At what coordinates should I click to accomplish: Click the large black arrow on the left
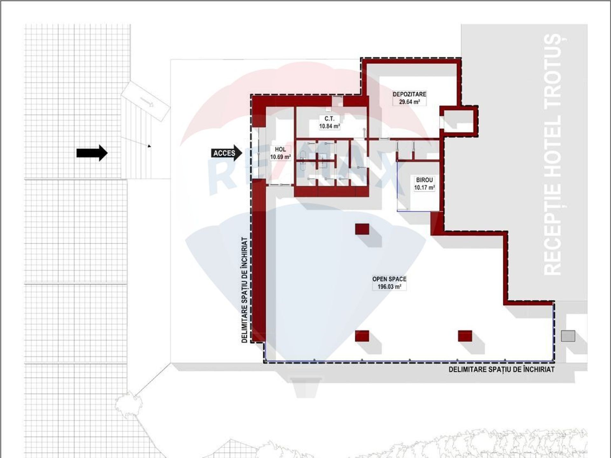92,153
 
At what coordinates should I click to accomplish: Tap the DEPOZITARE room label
409,94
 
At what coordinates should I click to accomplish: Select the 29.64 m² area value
410,102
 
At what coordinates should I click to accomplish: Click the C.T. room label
329,119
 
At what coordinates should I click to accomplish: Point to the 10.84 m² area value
330,126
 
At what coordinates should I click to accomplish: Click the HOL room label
280,149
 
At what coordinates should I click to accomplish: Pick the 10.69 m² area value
280,157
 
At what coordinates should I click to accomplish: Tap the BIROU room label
425,180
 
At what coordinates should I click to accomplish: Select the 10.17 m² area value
425,188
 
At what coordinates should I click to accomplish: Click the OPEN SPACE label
389,279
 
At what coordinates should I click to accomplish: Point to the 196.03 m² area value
389,287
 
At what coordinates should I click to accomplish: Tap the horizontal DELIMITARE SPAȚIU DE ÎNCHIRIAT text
502,370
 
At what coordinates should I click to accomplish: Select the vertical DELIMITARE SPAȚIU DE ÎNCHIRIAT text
244,290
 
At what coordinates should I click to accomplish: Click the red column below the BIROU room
362,229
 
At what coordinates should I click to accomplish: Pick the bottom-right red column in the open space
465,336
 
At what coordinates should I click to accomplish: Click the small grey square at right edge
568,336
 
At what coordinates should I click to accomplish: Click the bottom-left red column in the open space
362,336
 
